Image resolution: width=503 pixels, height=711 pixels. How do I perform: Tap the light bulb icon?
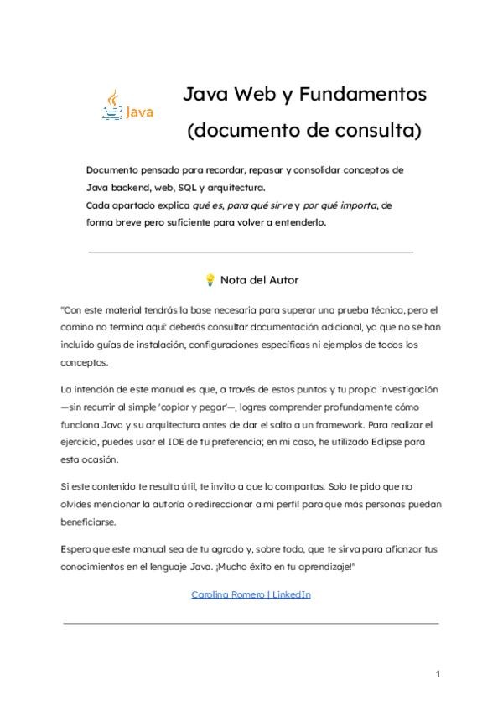coord(210,280)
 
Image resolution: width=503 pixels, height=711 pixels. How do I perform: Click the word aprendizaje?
coord(322,567)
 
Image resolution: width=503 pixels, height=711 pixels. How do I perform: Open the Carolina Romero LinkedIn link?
coord(251,594)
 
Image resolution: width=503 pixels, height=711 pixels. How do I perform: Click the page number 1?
coord(438,674)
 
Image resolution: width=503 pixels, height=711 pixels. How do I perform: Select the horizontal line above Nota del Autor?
coord(251,251)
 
